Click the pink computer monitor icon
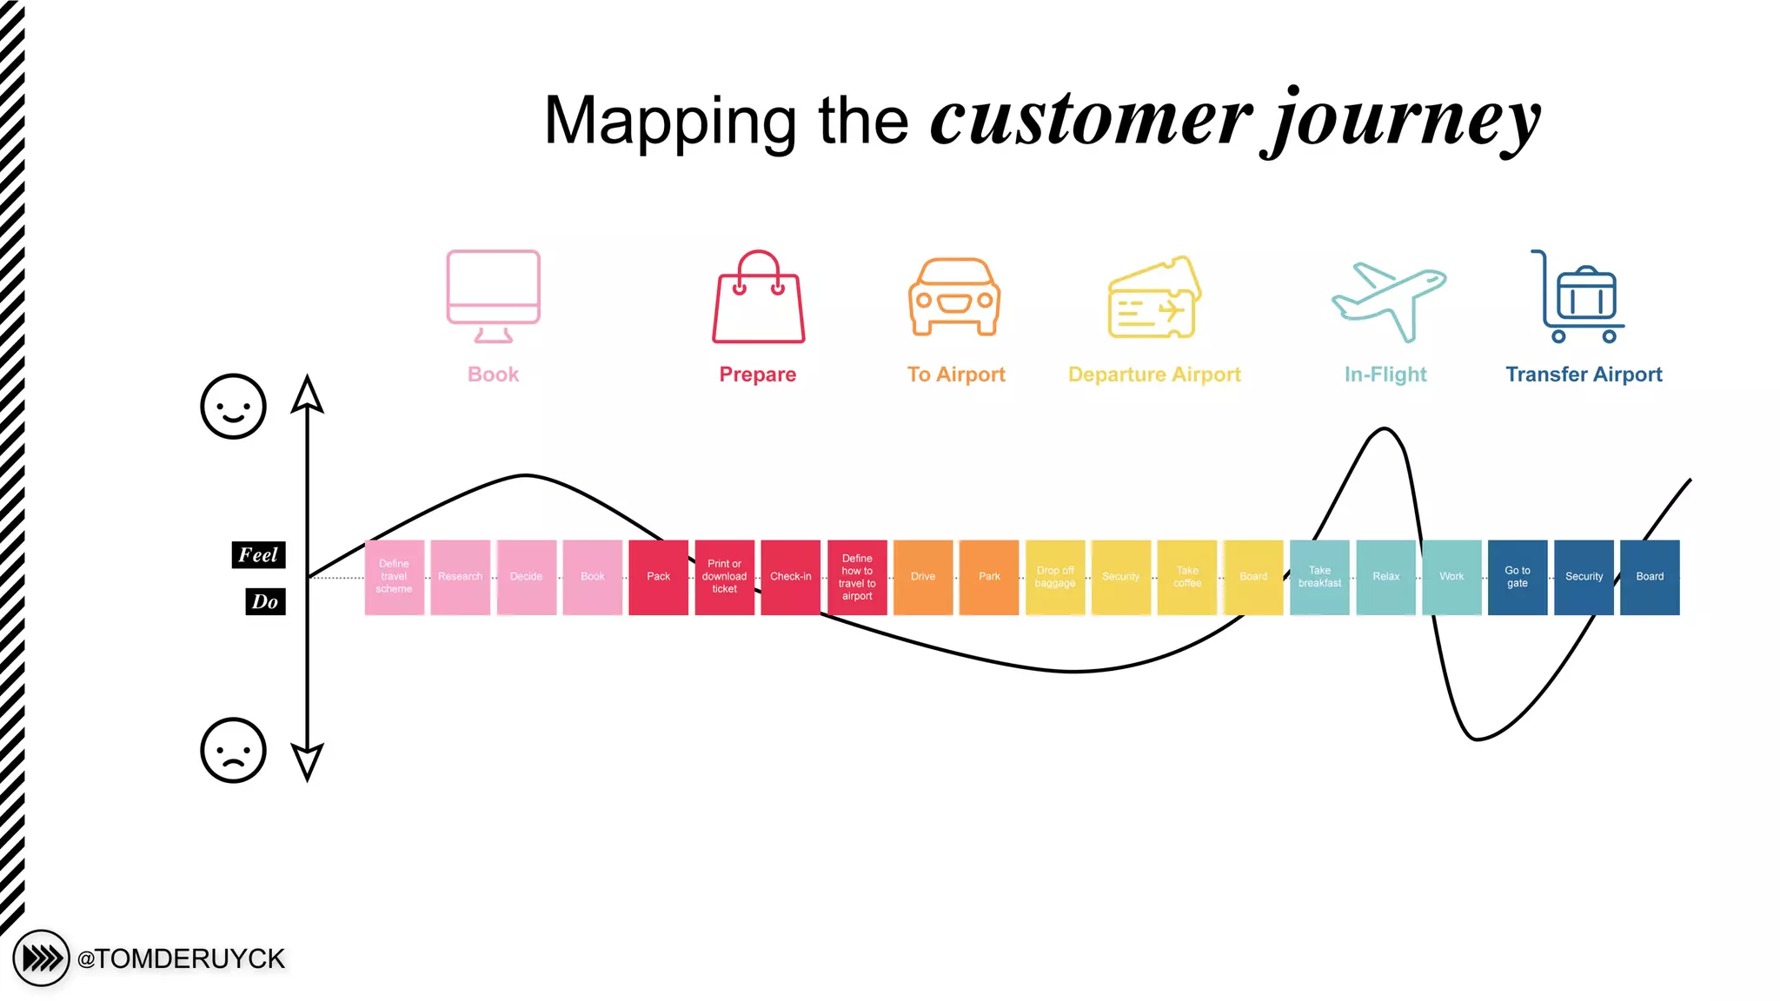click(x=493, y=296)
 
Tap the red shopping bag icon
click(x=758, y=297)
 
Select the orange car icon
click(x=954, y=297)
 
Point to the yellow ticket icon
click(x=1154, y=298)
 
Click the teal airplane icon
click(x=1388, y=301)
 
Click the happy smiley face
click(x=233, y=407)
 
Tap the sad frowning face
click(x=233, y=751)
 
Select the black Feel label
click(x=258, y=555)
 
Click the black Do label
click(x=265, y=602)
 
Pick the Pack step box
click(x=658, y=577)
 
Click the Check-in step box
click(x=790, y=577)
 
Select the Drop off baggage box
click(x=1055, y=577)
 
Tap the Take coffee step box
click(x=1187, y=577)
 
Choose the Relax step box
click(x=1385, y=577)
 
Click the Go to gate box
click(x=1518, y=577)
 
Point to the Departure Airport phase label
click(x=1154, y=375)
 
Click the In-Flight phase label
click(x=1385, y=375)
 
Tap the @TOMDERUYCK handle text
click(x=181, y=959)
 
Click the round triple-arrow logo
click(x=41, y=959)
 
